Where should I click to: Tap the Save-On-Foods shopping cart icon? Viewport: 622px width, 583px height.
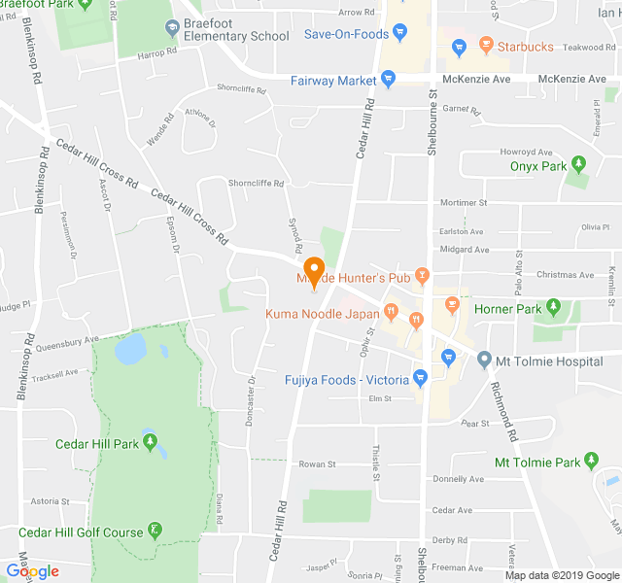point(401,35)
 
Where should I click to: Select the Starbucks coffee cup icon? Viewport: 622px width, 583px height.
point(483,46)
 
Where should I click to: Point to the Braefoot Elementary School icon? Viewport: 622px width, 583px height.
point(172,27)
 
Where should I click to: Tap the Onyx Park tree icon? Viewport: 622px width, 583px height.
point(579,165)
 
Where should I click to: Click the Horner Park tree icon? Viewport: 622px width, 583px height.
point(554,309)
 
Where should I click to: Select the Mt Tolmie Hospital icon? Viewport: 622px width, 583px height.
point(484,360)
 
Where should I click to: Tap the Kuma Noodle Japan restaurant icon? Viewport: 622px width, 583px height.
point(391,314)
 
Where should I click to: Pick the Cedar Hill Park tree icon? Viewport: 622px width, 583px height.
point(150,444)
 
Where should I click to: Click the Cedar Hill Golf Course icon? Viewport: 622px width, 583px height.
point(155,532)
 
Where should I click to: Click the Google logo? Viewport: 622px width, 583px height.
point(32,571)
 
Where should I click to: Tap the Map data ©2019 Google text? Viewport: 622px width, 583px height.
point(561,575)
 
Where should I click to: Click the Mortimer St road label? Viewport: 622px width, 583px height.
point(463,203)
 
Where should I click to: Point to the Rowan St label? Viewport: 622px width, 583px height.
point(317,464)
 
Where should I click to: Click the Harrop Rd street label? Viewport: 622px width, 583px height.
point(155,54)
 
